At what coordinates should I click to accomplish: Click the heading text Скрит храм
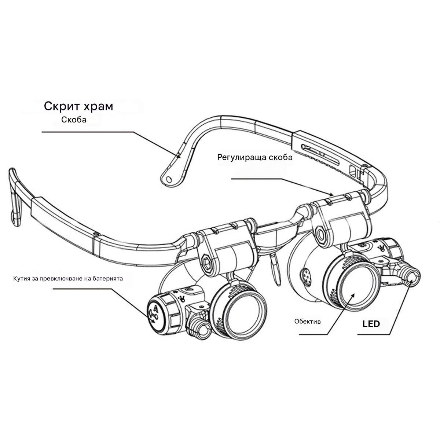(78, 106)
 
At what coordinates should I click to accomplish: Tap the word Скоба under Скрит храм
(74, 120)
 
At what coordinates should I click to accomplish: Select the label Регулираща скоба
(255, 158)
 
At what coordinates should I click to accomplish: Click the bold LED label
(371, 324)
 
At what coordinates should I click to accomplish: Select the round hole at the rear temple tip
(169, 179)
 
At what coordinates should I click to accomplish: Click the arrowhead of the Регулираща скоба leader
(331, 194)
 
